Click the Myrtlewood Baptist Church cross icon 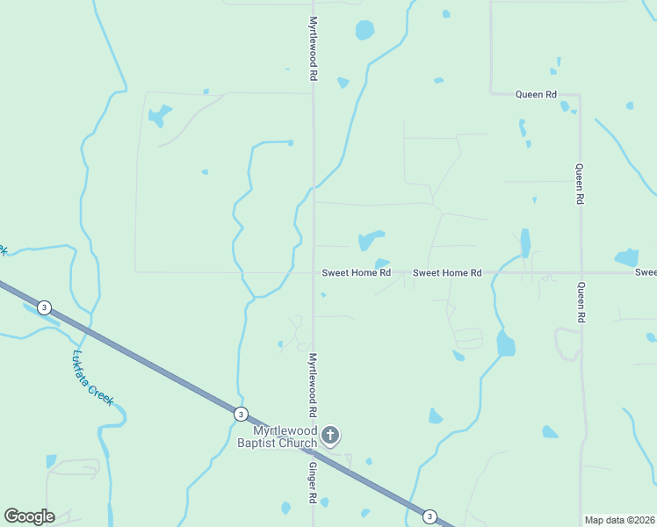click(330, 436)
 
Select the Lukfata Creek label click(93, 378)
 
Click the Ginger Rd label click(312, 484)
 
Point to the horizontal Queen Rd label click(536, 94)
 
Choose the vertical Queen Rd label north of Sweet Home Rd click(580, 184)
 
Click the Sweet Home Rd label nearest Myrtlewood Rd click(356, 273)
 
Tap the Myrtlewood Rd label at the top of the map click(313, 48)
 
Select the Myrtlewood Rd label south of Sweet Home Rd click(312, 386)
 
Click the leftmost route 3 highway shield click(45, 307)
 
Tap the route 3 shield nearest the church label click(242, 414)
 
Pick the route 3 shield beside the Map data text click(430, 516)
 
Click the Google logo click(29, 516)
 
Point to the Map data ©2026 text click(620, 520)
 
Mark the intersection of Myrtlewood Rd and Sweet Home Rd click(314, 272)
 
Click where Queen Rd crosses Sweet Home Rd click(581, 272)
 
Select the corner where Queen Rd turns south click(580, 95)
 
